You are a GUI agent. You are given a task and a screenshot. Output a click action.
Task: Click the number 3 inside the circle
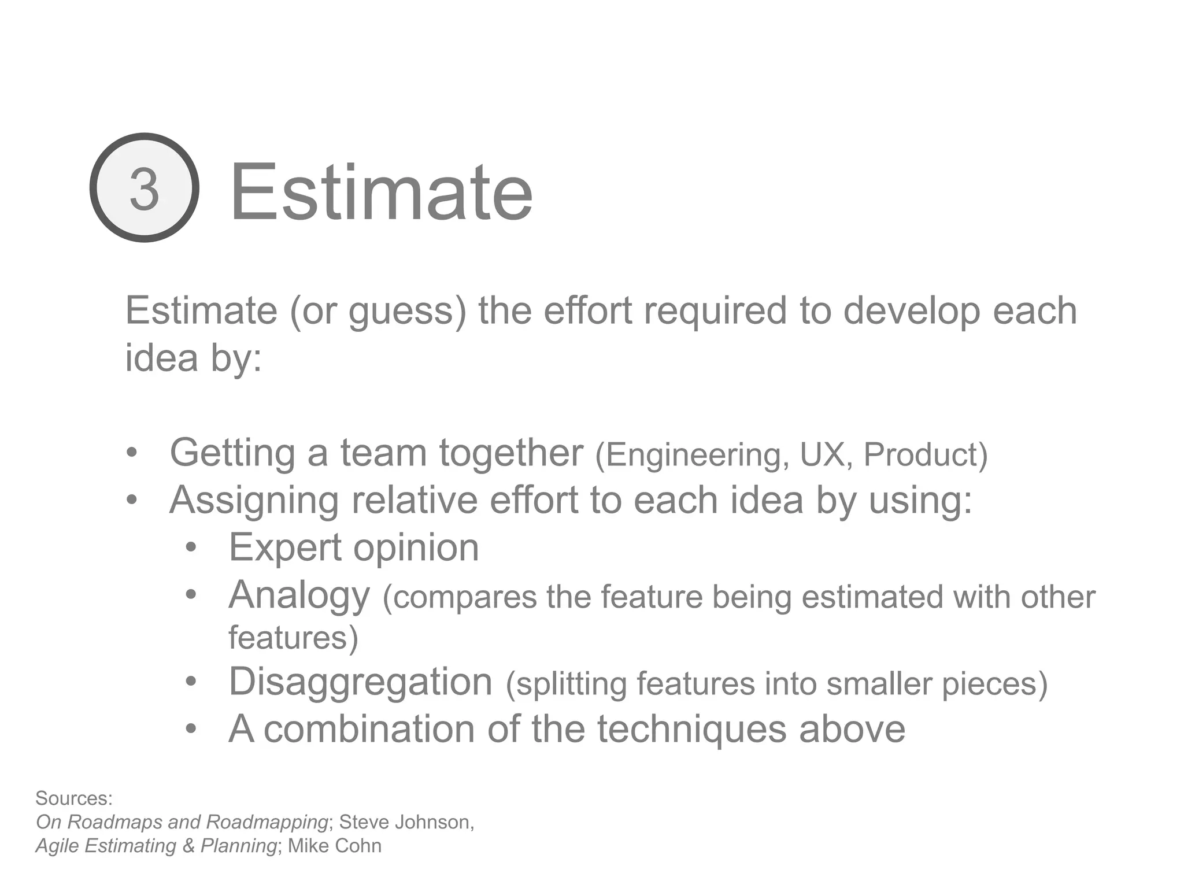coord(144,188)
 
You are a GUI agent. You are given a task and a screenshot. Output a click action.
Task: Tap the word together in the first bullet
coord(511,453)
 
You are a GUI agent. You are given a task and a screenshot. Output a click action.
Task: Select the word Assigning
coord(254,501)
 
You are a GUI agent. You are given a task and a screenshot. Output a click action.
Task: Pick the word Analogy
coord(299,595)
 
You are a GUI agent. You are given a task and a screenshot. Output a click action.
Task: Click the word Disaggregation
coord(360,682)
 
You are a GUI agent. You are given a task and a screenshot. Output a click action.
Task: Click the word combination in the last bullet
coord(369,729)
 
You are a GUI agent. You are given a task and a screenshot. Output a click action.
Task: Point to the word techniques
coord(691,729)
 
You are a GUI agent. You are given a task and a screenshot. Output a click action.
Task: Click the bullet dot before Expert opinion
coord(191,547)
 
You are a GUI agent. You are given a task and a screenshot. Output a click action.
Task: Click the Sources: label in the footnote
coord(74,798)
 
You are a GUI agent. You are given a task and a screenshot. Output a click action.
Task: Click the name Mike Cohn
coord(335,846)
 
